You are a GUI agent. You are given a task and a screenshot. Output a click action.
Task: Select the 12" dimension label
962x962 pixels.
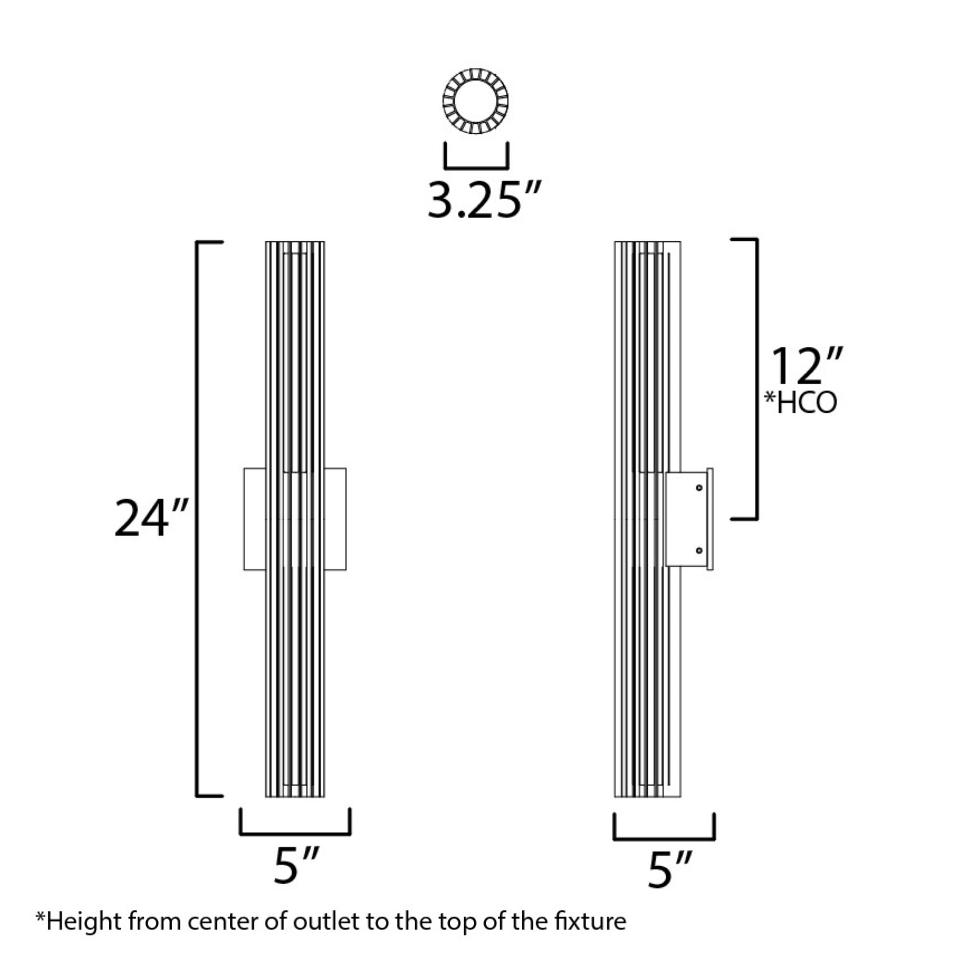806,366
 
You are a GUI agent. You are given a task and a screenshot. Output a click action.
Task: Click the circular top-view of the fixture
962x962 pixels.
476,101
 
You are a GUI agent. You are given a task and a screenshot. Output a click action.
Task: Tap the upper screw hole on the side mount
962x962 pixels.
699,487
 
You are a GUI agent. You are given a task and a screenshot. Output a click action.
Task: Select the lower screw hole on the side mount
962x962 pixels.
699,550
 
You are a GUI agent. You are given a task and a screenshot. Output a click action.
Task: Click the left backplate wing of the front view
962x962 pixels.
254,519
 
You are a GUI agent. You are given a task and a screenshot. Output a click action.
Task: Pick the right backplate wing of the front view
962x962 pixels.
336,519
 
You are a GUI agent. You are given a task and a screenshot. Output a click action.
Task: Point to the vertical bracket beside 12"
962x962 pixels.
756,379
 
